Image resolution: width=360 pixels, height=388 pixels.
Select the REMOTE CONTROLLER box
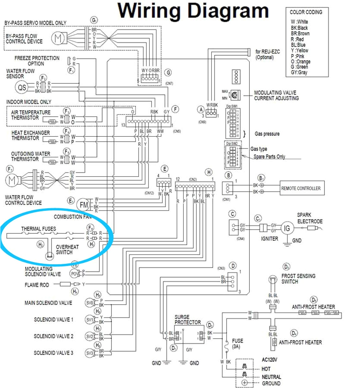301,188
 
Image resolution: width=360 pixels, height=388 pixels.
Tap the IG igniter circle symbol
287,229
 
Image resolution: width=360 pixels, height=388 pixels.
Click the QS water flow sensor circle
22,87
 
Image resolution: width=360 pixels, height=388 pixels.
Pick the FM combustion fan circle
84,205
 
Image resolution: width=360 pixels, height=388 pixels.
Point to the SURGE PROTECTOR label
187,319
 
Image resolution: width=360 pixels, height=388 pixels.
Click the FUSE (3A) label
237,344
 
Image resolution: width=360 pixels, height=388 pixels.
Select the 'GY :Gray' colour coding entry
299,72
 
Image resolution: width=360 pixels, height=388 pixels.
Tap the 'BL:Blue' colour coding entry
298,45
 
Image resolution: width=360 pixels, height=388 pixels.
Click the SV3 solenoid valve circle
90,353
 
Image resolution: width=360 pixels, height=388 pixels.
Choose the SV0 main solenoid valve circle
90,303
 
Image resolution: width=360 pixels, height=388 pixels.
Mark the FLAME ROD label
37,285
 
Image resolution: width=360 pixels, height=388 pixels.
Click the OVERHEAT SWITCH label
67,249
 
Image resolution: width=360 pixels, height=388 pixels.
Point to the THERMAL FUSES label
38,229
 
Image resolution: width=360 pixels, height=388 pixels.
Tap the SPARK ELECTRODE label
310,218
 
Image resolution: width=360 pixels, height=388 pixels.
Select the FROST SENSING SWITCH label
298,278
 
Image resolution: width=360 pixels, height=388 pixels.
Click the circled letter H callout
209,172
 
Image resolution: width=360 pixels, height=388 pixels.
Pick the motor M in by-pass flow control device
58,38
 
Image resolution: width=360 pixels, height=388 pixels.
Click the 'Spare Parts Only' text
269,156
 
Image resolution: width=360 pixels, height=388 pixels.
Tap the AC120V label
269,360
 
